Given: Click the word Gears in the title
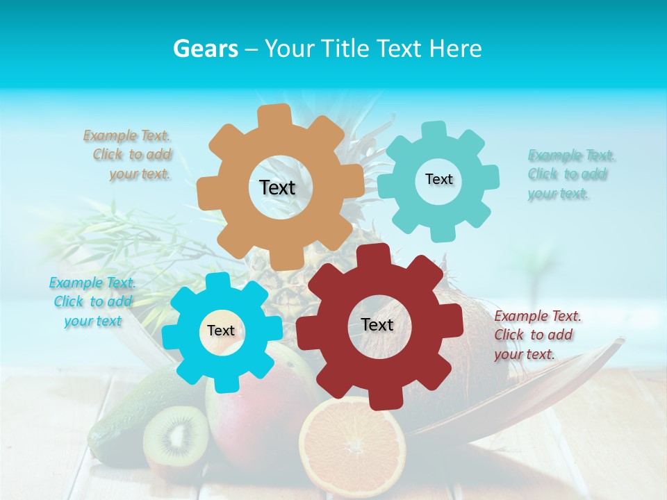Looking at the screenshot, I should click(205, 49).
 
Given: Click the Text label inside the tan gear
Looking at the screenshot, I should click(277, 187).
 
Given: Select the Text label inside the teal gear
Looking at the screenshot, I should click(438, 179).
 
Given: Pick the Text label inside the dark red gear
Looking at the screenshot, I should click(377, 324).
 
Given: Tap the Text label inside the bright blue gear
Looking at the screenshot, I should click(221, 331).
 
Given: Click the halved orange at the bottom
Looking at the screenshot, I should click(352, 444).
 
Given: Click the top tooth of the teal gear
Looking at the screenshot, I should click(434, 131).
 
